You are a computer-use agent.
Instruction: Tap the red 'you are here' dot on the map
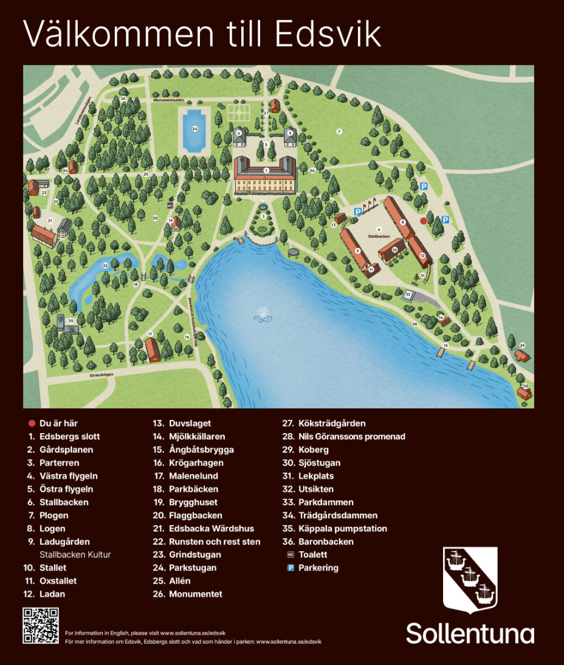pos(424,221)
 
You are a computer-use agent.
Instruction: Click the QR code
pos(41,625)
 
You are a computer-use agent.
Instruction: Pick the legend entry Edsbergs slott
pos(69,436)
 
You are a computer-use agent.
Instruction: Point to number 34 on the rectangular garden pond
pos(194,129)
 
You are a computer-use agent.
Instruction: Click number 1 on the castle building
pos(266,170)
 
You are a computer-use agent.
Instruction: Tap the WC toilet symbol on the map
pos(170,206)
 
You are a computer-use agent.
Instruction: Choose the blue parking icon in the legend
pos(291,568)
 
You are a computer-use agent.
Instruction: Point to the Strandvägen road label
pos(102,376)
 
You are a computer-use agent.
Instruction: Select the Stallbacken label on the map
pos(379,235)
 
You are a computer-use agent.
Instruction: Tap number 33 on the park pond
pos(105,265)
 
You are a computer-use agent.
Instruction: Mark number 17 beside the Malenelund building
pos(150,334)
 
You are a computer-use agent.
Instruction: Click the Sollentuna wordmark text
pos(470,633)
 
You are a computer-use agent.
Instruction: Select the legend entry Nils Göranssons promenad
pos(351,436)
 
